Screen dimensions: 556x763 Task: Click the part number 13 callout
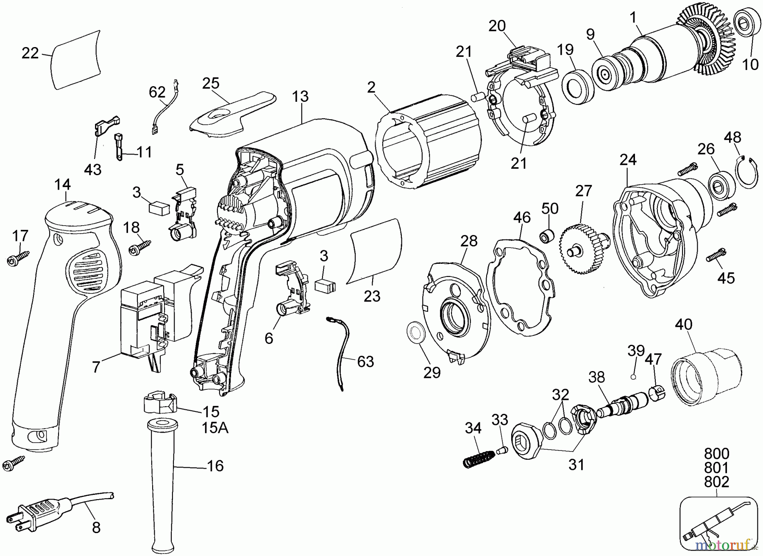(x=300, y=97)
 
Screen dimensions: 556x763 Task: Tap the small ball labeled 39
(x=633, y=376)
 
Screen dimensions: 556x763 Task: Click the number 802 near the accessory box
(x=717, y=482)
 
